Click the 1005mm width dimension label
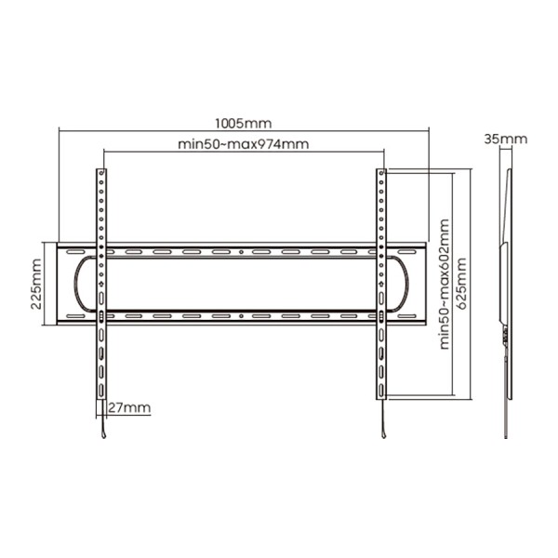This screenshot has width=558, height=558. [x=243, y=123]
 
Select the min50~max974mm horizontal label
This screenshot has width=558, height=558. [x=243, y=144]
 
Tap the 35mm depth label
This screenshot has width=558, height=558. [x=505, y=139]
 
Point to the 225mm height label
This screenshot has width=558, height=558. [x=36, y=284]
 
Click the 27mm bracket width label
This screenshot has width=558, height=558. [x=129, y=407]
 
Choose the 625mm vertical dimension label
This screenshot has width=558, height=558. [x=461, y=284]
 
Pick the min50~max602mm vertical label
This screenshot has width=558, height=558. [x=445, y=284]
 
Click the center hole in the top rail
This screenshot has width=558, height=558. [x=241, y=252]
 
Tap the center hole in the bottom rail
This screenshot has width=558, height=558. [x=241, y=316]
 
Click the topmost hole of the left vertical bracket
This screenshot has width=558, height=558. [x=101, y=173]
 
